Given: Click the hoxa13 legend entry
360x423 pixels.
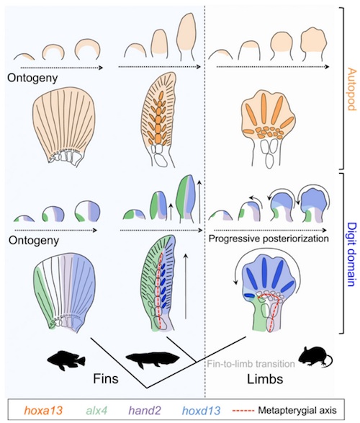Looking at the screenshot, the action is [x=43, y=411].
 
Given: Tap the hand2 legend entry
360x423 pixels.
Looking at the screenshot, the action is [x=145, y=411].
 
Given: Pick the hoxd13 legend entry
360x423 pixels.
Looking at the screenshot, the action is [x=201, y=411].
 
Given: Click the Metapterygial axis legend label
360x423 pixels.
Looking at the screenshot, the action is [x=297, y=411].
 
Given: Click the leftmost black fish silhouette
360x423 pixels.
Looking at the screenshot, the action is [x=66, y=360].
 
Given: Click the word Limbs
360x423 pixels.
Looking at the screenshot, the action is [x=265, y=379].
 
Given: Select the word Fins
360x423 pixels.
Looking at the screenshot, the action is [x=106, y=379].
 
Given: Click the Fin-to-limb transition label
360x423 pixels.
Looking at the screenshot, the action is [x=251, y=364].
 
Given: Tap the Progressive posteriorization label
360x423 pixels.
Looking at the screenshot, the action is [x=269, y=239].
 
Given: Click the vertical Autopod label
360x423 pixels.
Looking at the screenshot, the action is [x=351, y=89].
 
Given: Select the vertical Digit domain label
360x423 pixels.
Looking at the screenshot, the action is [x=351, y=254].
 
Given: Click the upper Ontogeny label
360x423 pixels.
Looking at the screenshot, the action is [x=32, y=78].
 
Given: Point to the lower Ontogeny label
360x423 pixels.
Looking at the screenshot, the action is [x=34, y=241].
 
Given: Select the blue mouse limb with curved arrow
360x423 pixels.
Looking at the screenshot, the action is [x=268, y=293].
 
